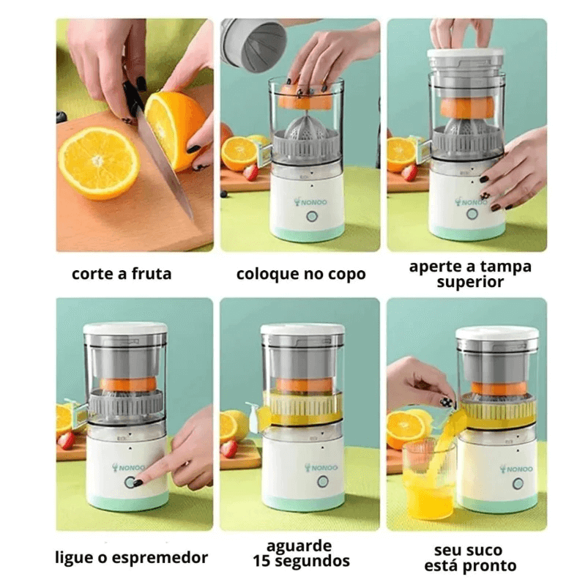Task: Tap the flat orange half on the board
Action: click(x=98, y=162)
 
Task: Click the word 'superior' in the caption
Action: click(x=470, y=282)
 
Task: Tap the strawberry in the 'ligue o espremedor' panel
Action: click(x=67, y=441)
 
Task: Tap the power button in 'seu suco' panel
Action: click(x=518, y=484)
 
